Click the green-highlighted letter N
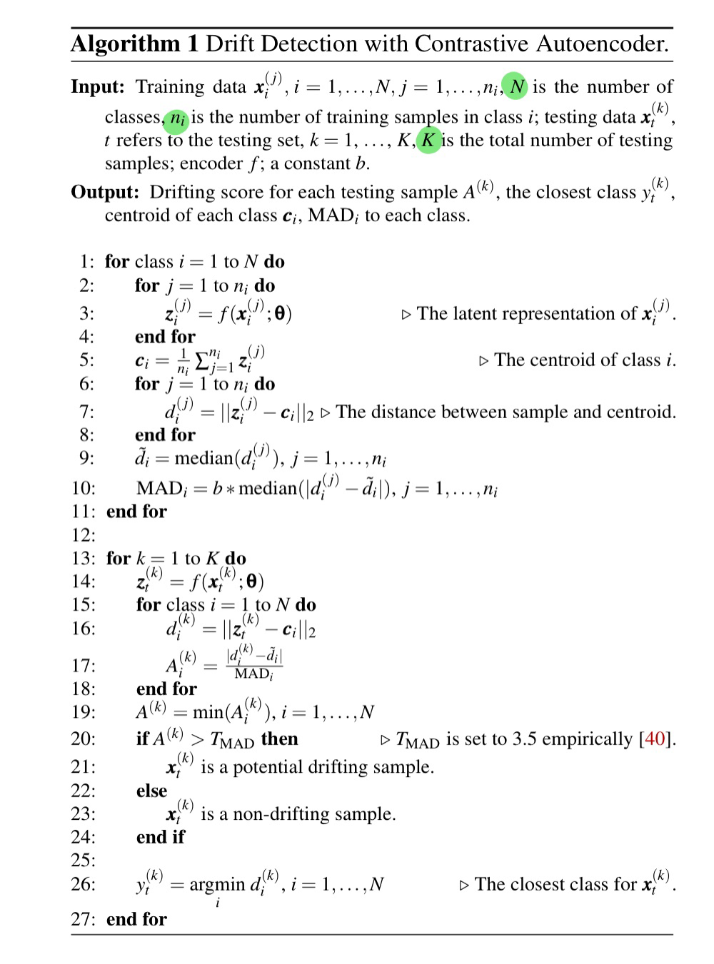[516, 86]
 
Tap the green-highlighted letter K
[428, 140]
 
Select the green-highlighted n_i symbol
[176, 118]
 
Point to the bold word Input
[97, 87]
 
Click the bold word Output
[104, 192]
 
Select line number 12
[83, 534]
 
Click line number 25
[83, 860]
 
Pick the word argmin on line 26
[217, 885]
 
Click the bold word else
[151, 791]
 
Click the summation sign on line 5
[203, 360]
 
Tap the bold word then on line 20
[279, 739]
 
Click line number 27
[83, 919]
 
